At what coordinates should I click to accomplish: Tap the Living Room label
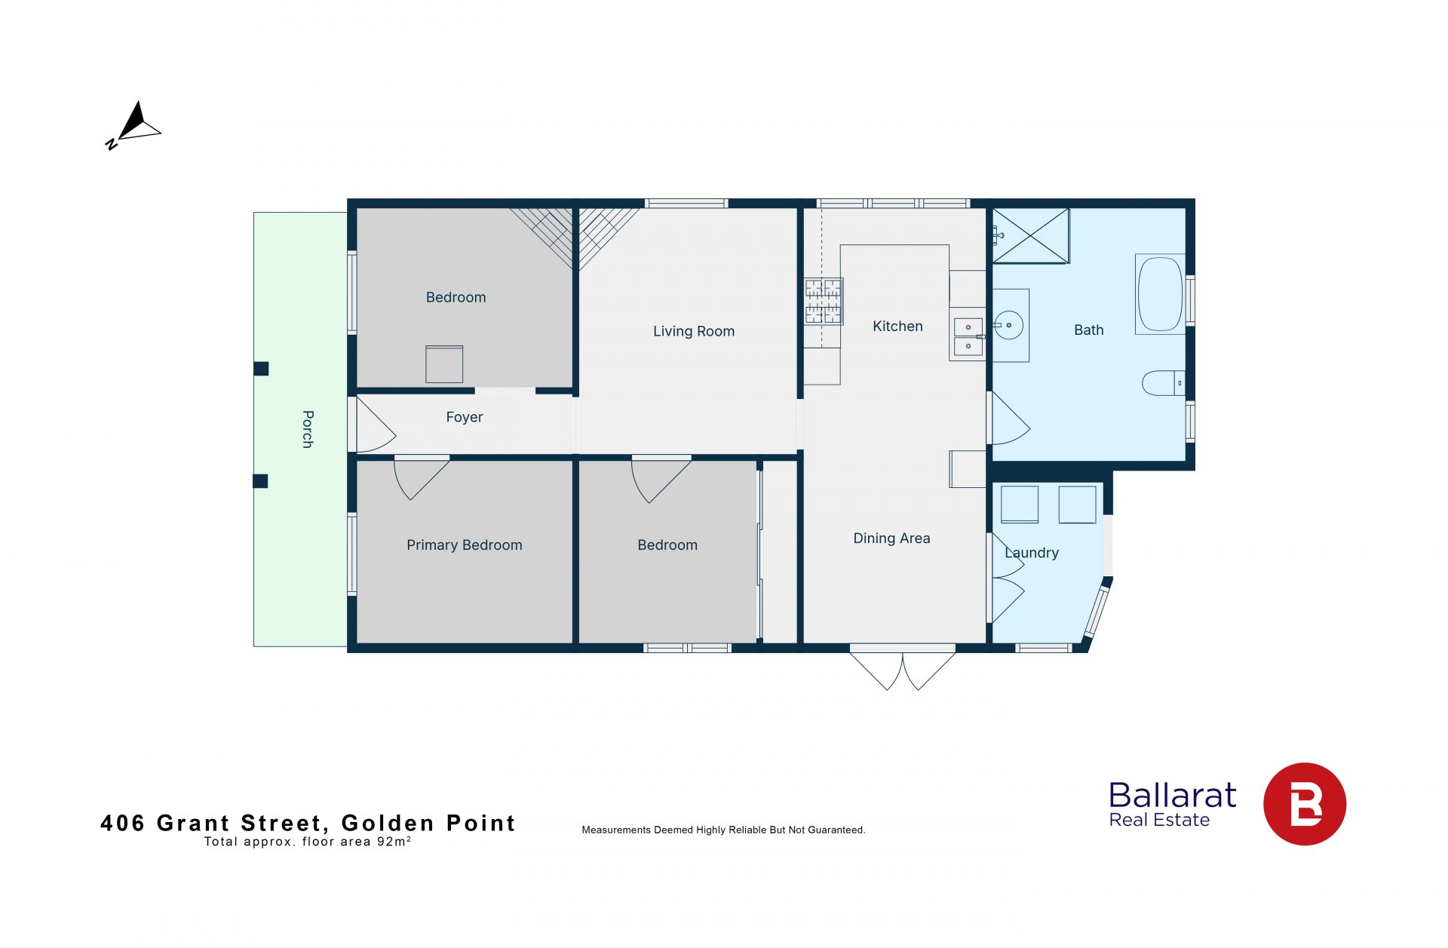(693, 331)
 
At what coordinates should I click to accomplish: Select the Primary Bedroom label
(464, 545)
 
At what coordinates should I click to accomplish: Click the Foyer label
(464, 417)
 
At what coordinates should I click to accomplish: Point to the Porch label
(308, 429)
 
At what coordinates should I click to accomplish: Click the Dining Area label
(891, 538)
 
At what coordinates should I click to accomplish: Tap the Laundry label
(1032, 553)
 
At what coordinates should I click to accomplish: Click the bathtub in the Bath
(1160, 294)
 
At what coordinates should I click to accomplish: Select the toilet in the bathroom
(1164, 383)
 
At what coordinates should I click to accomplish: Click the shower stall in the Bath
(1031, 236)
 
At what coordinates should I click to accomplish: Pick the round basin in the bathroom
(1008, 326)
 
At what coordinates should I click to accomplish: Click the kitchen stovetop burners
(823, 301)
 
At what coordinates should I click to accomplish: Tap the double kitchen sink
(968, 336)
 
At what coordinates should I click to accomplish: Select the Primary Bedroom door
(422, 478)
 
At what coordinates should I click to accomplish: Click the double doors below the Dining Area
(903, 667)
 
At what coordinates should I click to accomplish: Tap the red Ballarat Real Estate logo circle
(1305, 804)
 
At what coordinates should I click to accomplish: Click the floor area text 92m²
(394, 842)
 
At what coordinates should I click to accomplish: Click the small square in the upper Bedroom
(444, 364)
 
